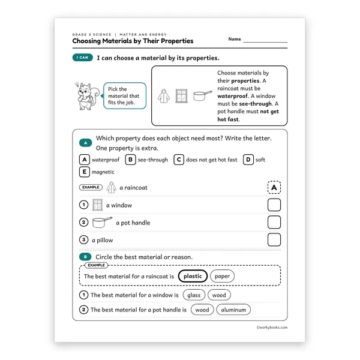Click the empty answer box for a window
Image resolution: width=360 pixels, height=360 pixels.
click(x=274, y=205)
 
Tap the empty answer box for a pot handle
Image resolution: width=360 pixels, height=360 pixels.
click(x=274, y=222)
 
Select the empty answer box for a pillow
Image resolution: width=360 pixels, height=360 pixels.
click(x=274, y=239)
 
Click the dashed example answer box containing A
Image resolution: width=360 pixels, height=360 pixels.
click(x=274, y=187)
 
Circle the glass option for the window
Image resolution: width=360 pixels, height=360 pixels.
click(x=194, y=295)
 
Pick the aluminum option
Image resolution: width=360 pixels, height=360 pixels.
click(x=233, y=310)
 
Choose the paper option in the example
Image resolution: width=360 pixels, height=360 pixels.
click(x=222, y=276)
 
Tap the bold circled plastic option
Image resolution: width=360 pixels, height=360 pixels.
click(x=193, y=276)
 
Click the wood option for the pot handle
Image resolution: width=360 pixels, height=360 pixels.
click(x=202, y=310)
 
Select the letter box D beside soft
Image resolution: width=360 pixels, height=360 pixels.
click(x=248, y=160)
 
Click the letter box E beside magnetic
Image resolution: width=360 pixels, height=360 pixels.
click(x=84, y=172)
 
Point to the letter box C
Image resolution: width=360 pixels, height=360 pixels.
click(x=179, y=160)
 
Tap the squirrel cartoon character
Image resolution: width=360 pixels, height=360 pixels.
click(x=87, y=96)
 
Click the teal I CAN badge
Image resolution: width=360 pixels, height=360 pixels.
click(x=82, y=58)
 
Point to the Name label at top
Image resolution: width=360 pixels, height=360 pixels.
click(x=235, y=39)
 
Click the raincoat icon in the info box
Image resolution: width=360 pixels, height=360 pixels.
click(x=164, y=96)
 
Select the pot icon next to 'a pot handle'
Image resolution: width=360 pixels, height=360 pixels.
click(x=102, y=222)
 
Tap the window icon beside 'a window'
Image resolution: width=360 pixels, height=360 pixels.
click(x=97, y=205)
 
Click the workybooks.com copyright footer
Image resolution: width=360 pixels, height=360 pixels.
click(x=272, y=328)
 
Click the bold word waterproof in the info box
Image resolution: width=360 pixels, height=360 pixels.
click(x=233, y=96)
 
